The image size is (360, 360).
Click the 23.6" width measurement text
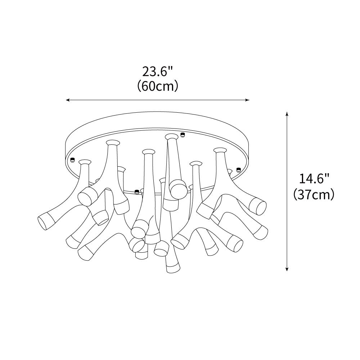click(158, 71)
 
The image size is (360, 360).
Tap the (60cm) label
click(158, 86)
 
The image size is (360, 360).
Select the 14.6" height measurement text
click(314, 179)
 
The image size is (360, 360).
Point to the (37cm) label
click(314, 194)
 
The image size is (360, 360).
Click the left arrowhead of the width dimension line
click(67, 100)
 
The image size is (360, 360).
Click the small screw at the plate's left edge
click(72, 160)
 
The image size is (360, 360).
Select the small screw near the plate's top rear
click(183, 135)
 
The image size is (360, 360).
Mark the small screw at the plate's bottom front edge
click(136, 192)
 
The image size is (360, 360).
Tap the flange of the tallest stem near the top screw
click(171, 136)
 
